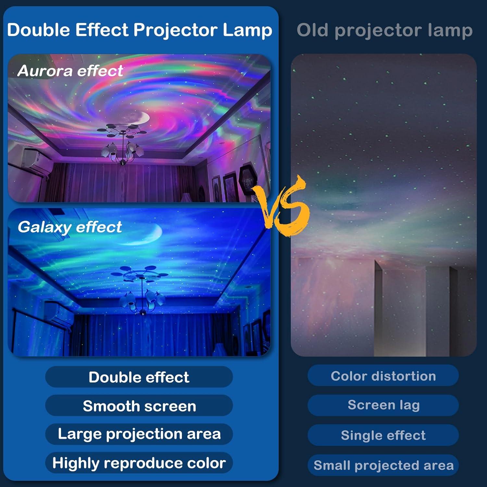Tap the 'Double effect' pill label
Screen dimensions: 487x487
139,377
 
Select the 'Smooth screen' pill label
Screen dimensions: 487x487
139,406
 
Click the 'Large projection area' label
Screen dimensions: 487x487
139,434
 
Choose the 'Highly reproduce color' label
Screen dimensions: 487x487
139,463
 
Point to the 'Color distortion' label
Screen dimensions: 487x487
383,376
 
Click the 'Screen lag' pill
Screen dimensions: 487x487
383,405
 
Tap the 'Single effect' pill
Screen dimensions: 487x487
383,435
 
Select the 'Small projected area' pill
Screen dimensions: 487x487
383,465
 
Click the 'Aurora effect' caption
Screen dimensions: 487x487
70,71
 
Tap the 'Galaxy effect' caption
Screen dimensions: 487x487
70,227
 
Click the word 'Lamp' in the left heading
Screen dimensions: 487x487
247,30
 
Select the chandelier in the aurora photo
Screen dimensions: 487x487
122,143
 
